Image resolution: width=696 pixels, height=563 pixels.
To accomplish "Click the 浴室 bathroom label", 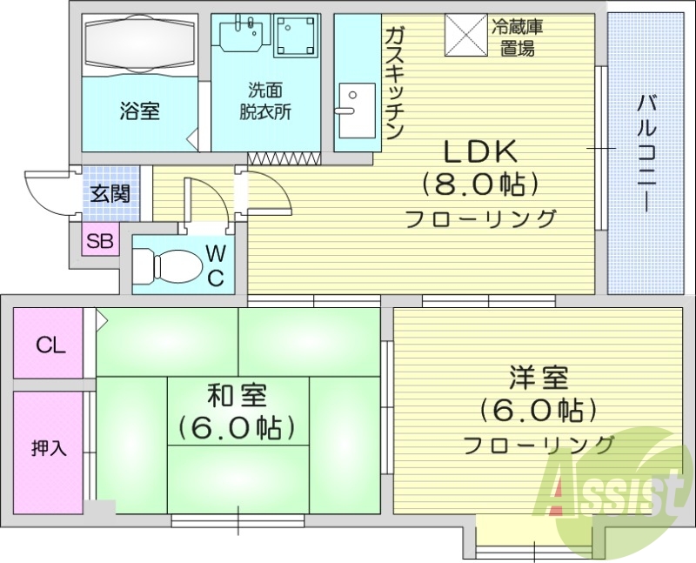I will point(139,111).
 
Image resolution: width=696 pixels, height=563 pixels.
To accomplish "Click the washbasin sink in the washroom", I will point(240,36).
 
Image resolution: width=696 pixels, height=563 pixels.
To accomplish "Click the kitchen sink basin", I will point(354,112).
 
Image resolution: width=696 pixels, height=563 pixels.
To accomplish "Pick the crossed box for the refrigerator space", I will point(465,37).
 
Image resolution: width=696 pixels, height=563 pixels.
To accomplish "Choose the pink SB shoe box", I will point(101,241).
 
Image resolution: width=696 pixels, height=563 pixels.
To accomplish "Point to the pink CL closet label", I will point(50,345).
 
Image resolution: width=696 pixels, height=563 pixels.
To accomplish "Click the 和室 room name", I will point(236,397).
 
